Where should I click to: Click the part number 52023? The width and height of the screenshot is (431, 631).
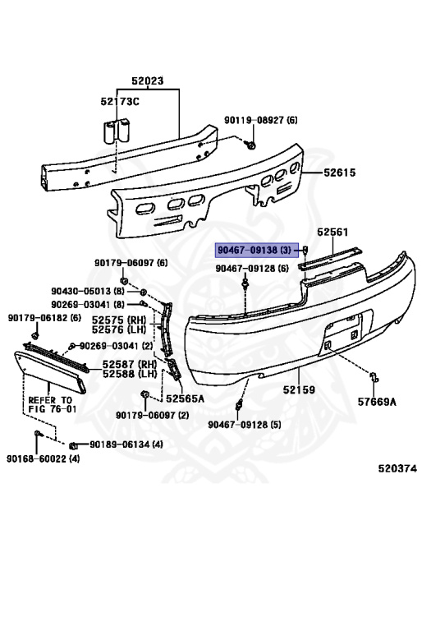[x=148, y=81]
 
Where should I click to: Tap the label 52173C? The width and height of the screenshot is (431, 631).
[x=120, y=101]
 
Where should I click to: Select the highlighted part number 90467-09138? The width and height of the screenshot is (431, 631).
[x=247, y=251]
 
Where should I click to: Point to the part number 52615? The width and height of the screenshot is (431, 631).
[x=340, y=173]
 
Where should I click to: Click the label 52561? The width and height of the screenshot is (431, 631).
[x=332, y=233]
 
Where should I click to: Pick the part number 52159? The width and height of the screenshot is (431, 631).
[x=299, y=389]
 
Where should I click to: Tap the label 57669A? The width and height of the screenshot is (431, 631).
[x=377, y=402]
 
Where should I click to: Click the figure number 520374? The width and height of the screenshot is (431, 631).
[x=397, y=468]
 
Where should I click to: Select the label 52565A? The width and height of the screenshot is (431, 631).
[x=185, y=398]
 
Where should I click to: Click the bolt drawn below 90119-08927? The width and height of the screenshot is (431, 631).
[x=251, y=145]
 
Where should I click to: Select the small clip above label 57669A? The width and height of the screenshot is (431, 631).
[x=374, y=377]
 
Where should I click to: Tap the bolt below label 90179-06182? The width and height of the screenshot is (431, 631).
[x=34, y=335]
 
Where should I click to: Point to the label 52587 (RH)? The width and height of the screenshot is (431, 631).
[x=129, y=364]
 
